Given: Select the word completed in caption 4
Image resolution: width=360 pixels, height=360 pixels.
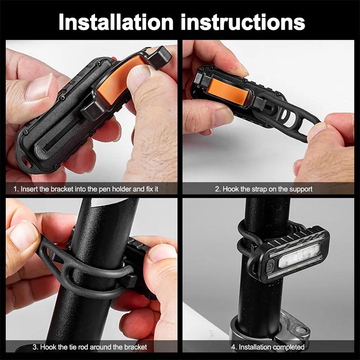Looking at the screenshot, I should pyautogui.click(x=288, y=347).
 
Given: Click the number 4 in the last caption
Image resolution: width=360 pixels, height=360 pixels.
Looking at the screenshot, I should pyautogui.click(x=233, y=347).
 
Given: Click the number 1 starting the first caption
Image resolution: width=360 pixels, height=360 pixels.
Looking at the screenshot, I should pyautogui.click(x=16, y=189).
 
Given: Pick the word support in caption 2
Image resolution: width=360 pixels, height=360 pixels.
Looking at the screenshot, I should pyautogui.click(x=300, y=189).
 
